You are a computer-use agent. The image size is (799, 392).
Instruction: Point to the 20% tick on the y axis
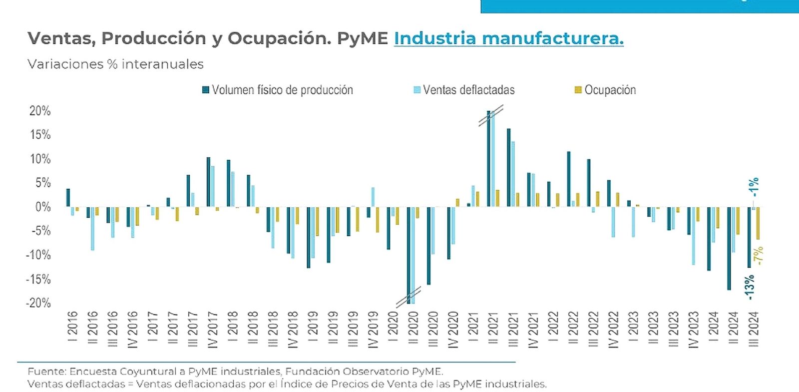click(40, 111)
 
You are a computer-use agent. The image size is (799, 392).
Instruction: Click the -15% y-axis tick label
click(38, 279)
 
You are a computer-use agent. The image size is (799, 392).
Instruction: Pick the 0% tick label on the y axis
click(43, 207)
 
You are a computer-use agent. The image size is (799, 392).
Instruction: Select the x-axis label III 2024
click(754, 328)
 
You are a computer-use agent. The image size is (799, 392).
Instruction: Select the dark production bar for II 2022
click(569, 179)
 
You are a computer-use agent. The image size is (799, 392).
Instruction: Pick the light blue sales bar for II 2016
click(92, 228)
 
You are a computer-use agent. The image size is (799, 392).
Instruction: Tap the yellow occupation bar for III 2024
click(758, 223)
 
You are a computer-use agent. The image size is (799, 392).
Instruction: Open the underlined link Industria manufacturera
click(508, 38)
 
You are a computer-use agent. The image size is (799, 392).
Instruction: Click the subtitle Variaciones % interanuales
click(115, 64)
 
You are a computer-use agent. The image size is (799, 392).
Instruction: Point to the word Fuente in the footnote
click(46, 372)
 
